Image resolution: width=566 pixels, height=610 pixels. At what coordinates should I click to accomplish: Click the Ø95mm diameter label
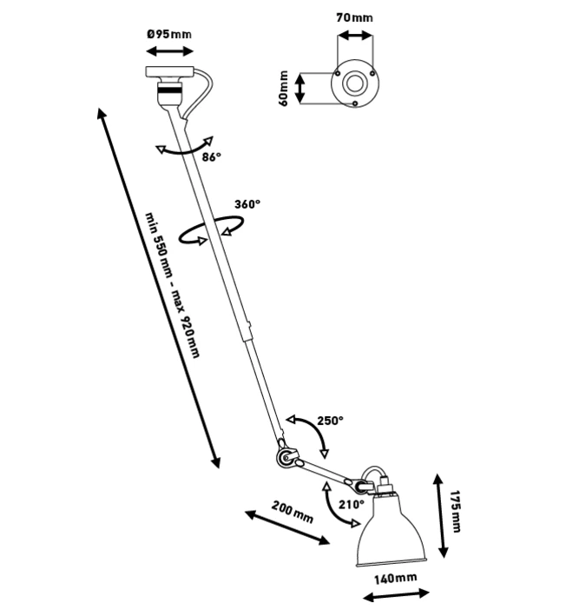tap(169, 34)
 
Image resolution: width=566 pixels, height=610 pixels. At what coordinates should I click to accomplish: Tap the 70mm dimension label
tap(355, 17)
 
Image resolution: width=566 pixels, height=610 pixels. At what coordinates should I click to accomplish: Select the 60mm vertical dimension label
tap(284, 89)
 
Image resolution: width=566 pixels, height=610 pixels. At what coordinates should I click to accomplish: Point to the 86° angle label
tap(212, 157)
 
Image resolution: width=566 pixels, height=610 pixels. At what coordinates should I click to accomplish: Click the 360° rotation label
tap(247, 205)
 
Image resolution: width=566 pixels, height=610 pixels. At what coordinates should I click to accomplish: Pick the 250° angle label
tap(330, 421)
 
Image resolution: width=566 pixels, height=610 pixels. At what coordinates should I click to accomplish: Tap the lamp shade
tap(394, 532)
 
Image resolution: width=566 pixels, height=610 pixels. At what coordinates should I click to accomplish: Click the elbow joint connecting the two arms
tap(283, 457)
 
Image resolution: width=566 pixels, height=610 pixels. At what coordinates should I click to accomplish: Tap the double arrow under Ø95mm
tap(169, 53)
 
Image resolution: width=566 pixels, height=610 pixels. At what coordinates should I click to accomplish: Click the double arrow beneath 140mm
tap(396, 596)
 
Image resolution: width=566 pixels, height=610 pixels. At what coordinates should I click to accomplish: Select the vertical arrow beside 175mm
tap(442, 514)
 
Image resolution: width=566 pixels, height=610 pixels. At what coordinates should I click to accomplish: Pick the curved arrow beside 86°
tap(184, 149)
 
